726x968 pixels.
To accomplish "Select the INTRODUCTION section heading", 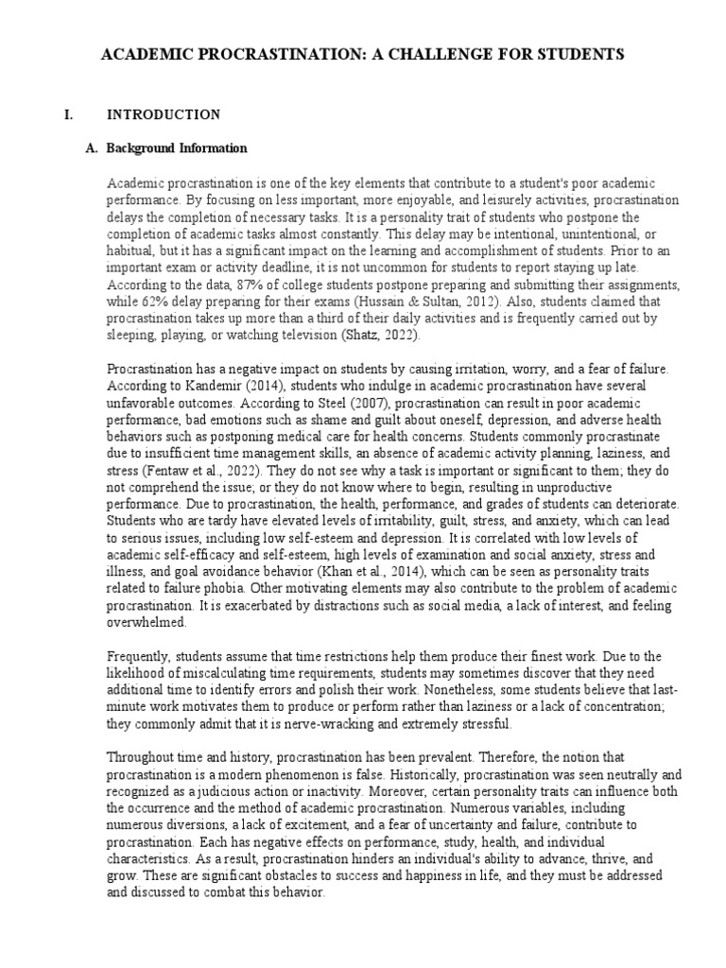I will pyautogui.click(x=164, y=115).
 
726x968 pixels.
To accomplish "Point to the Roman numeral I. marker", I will pyautogui.click(x=68, y=115).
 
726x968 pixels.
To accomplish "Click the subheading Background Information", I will pyautogui.click(x=177, y=148).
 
